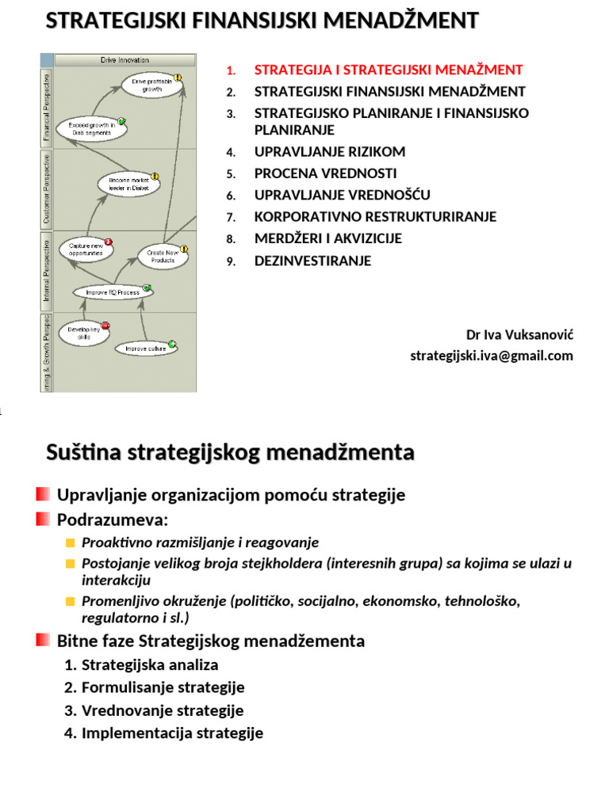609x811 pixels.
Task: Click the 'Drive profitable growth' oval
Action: [x=151, y=86]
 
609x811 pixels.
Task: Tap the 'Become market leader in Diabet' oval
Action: [x=129, y=185]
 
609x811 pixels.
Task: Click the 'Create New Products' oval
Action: [x=163, y=256]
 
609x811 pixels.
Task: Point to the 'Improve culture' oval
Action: [x=144, y=348]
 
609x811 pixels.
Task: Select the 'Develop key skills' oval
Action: [x=83, y=333]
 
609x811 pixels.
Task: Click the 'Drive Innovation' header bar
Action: [x=125, y=60]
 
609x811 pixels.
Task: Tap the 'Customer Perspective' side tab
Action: [x=48, y=189]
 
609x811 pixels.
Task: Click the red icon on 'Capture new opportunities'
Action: [x=109, y=242]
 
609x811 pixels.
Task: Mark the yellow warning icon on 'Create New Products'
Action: [x=184, y=248]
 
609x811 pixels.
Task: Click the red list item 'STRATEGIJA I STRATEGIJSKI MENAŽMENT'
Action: [x=389, y=70]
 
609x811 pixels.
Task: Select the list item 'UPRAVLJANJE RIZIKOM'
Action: [x=330, y=151]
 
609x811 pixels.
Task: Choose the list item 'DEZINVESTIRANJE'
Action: [x=312, y=261]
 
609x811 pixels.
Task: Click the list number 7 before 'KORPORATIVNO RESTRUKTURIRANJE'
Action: [x=230, y=217]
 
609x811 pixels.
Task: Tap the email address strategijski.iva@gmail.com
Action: [x=491, y=356]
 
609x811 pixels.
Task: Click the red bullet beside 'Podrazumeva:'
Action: [x=43, y=520]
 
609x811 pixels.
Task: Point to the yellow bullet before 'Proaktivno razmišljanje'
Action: [x=70, y=543]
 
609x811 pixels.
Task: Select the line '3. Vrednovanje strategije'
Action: [x=154, y=710]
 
